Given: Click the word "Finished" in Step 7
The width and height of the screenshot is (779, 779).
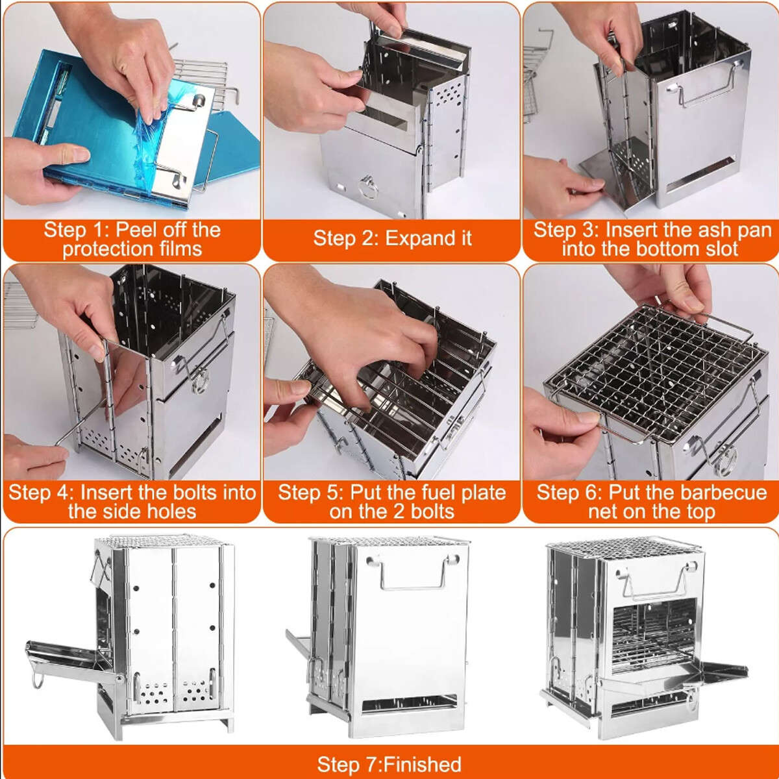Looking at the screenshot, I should tap(423, 764).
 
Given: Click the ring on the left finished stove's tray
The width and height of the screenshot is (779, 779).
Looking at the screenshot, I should tap(38, 681).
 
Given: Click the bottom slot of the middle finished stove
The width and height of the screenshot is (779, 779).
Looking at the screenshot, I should tap(409, 704).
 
